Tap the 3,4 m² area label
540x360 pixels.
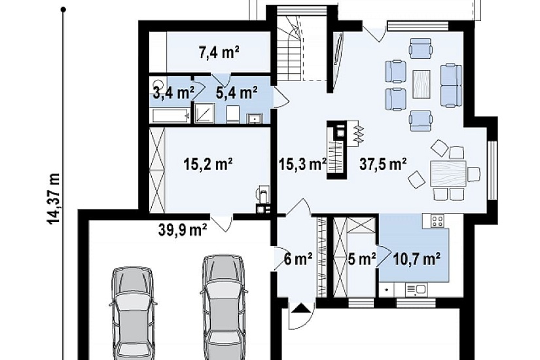(x=173, y=93)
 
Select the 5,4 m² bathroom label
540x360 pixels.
(x=236, y=92)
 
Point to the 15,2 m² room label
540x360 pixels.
(x=208, y=164)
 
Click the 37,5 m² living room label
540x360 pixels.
(x=383, y=164)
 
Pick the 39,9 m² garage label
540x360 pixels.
(x=183, y=230)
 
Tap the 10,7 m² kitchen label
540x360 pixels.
(x=417, y=259)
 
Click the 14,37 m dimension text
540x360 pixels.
(x=54, y=199)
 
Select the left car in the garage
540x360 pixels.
(x=133, y=313)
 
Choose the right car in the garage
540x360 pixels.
(x=224, y=307)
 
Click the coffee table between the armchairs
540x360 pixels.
(x=422, y=84)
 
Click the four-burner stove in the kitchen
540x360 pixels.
(x=438, y=221)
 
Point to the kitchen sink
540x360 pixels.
(x=416, y=289)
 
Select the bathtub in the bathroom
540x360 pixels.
(x=170, y=115)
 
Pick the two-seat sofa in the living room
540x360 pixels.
(x=451, y=84)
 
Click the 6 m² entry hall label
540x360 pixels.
(x=298, y=259)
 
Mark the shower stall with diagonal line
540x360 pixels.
(x=205, y=113)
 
